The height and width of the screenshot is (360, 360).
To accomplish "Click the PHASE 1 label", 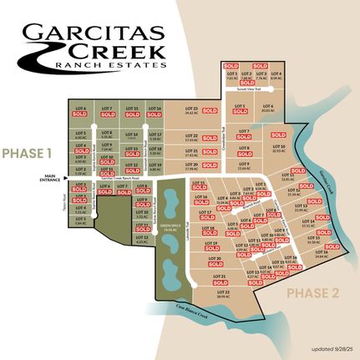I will click(x=27, y=154).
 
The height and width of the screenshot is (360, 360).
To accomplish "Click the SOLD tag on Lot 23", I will click(x=210, y=110).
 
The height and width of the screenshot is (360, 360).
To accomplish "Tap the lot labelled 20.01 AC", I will click(x=267, y=109).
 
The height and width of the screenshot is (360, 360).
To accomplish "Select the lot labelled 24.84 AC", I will click(x=320, y=257).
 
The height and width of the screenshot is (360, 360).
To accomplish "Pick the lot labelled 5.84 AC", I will click(x=79, y=225).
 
